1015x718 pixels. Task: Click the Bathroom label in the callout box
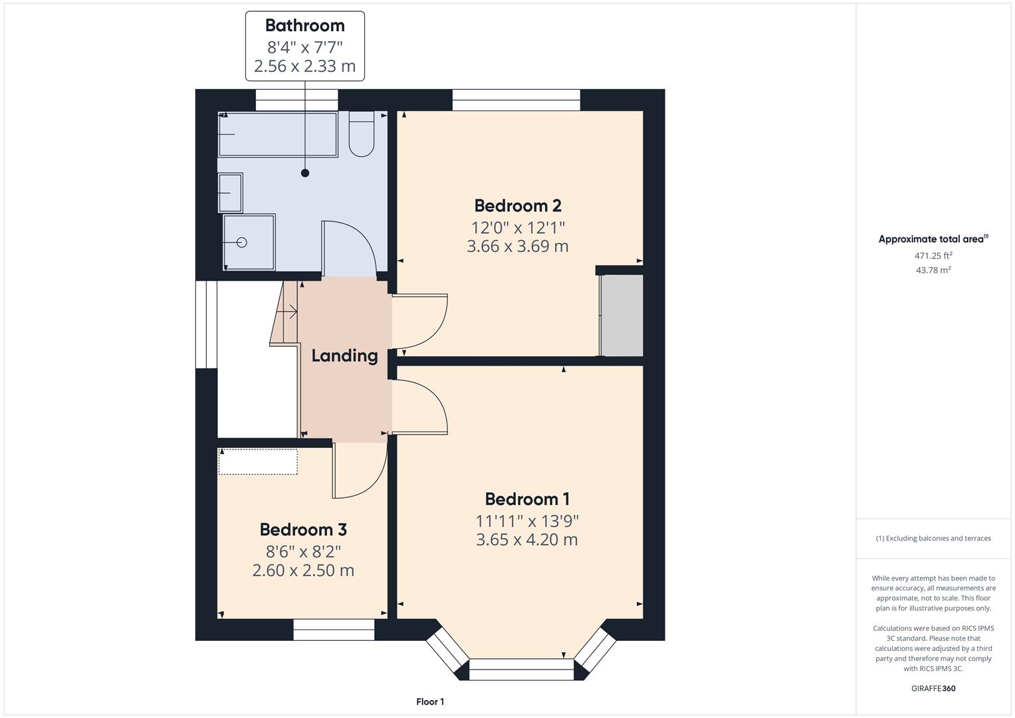click(x=304, y=25)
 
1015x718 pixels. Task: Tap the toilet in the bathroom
click(x=362, y=136)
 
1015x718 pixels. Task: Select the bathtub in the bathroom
click(x=278, y=134)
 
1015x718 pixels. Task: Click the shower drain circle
click(x=242, y=243)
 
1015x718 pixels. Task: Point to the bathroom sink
click(x=230, y=193)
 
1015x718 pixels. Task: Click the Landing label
click(x=344, y=356)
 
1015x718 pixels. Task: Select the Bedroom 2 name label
click(x=518, y=205)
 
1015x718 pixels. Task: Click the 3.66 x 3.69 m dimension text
click(x=518, y=247)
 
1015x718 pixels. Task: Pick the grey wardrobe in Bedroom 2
click(x=621, y=316)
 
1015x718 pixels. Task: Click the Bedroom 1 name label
click(x=526, y=499)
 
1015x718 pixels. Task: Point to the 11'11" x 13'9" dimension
click(x=526, y=521)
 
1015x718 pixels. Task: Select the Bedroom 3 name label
click(x=303, y=530)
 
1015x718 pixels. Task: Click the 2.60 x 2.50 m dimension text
click(x=303, y=570)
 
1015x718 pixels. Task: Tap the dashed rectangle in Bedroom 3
click(x=258, y=462)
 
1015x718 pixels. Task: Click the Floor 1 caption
click(x=430, y=701)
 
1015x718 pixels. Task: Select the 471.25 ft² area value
click(x=933, y=255)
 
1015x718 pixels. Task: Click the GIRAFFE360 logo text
click(x=933, y=688)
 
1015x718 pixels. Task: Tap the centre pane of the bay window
click(x=521, y=669)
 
